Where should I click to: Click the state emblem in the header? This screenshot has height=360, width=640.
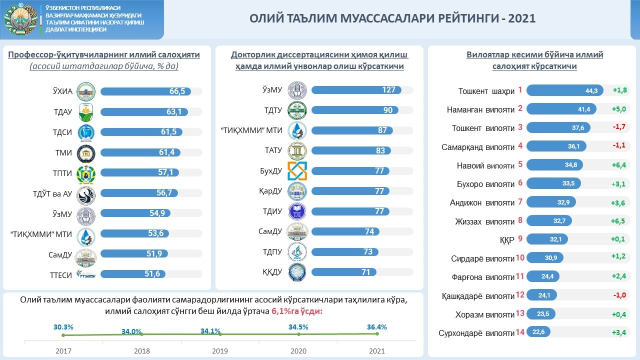coord(20,19)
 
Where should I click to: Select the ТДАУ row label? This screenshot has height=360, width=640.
coord(62,112)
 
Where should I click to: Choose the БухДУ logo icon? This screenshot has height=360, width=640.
coord(297,171)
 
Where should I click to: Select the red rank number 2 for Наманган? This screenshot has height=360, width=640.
coord(520,108)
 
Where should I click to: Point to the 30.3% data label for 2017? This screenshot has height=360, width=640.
coord(63,327)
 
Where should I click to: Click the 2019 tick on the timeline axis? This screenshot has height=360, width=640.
coord(220,351)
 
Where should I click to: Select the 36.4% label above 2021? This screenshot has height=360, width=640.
coord(376,327)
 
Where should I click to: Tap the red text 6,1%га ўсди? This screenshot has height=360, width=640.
coord(297,311)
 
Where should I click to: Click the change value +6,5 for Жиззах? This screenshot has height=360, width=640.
coord(618,220)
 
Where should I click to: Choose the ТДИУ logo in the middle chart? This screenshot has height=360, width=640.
coord(297,211)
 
